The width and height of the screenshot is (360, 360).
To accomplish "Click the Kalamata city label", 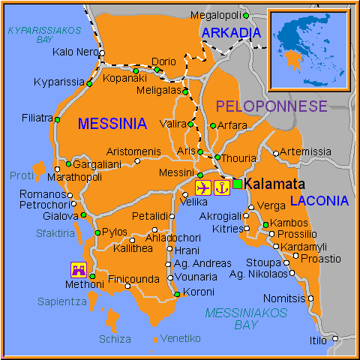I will click(x=278, y=184).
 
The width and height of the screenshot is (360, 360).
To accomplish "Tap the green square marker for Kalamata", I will click(x=238, y=184).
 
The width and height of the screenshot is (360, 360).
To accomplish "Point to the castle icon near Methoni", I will click(x=79, y=268).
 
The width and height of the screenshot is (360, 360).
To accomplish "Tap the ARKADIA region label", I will click(x=231, y=32).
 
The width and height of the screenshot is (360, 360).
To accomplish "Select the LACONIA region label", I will click(x=319, y=201).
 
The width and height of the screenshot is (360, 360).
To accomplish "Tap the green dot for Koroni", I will click(x=177, y=294).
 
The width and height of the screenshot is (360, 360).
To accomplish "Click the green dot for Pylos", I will click(x=97, y=232).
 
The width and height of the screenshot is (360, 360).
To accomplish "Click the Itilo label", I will click(x=318, y=340).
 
